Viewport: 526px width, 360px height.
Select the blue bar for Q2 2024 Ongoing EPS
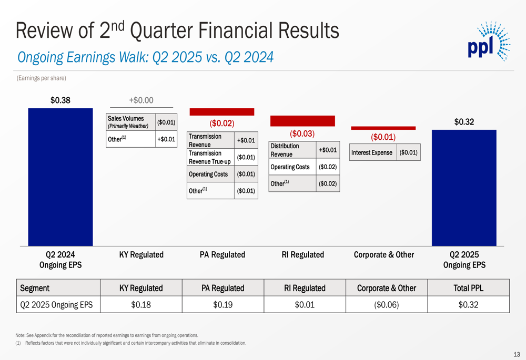(60, 177)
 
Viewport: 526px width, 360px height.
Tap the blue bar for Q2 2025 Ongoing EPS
(463, 188)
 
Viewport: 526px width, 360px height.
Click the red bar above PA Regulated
(221, 112)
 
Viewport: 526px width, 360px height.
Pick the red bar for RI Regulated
(302, 121)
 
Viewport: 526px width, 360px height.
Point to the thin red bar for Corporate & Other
(383, 128)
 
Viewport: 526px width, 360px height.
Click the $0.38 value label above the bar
(60, 100)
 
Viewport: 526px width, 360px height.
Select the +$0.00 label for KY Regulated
(141, 100)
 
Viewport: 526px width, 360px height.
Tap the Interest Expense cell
(371, 153)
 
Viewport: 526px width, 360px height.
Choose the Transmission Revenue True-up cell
(210, 157)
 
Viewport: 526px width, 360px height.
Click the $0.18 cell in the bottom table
(140, 304)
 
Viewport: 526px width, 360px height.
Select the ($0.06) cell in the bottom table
(386, 304)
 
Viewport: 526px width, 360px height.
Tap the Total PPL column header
(468, 288)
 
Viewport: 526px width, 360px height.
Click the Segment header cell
(58, 288)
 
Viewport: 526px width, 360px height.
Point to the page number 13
(516, 354)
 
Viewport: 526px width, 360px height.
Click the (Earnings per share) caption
(41, 78)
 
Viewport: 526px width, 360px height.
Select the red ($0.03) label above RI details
(302, 133)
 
